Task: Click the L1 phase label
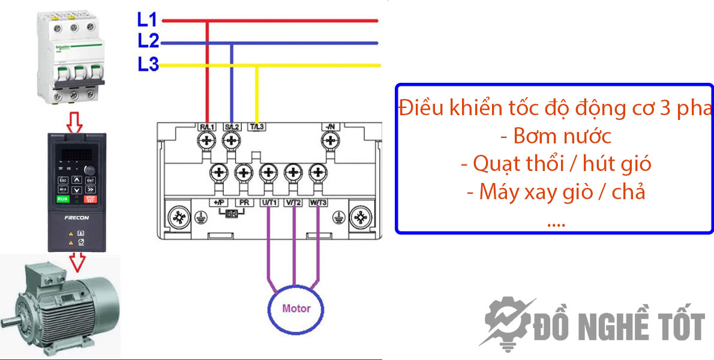click(x=147, y=20)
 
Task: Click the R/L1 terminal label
click(x=206, y=127)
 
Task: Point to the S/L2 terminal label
click(x=232, y=127)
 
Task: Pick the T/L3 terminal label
click(x=257, y=127)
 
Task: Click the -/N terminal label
click(x=329, y=127)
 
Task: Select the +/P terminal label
click(x=218, y=203)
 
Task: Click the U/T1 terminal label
click(x=269, y=203)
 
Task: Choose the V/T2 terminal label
click(x=293, y=203)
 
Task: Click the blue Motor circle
click(x=296, y=308)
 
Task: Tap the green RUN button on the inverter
click(x=62, y=198)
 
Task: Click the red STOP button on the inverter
click(x=91, y=198)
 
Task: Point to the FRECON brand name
click(x=76, y=220)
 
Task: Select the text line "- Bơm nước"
click(x=556, y=136)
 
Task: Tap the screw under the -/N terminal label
click(x=329, y=142)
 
